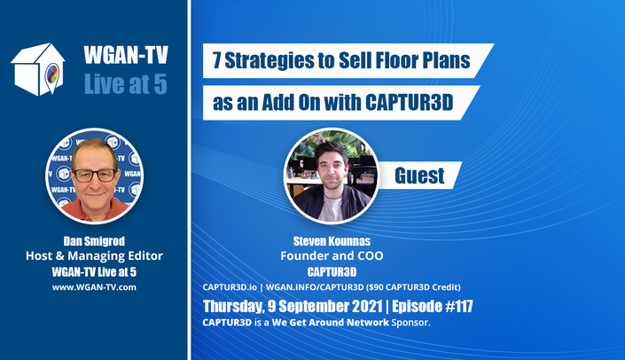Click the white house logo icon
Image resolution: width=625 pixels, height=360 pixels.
[38, 70]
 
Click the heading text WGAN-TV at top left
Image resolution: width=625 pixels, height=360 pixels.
[126, 55]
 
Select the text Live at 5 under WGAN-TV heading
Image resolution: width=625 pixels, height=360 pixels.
[126, 84]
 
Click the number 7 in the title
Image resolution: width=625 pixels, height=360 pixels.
[217, 60]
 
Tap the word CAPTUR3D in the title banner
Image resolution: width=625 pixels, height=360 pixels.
[410, 103]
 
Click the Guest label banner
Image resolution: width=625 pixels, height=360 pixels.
[419, 176]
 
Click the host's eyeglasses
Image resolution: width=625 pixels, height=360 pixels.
[95, 175]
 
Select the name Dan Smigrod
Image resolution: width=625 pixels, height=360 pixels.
[94, 241]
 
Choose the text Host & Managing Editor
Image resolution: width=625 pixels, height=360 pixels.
[94, 255]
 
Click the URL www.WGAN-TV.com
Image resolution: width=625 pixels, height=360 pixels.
[94, 287]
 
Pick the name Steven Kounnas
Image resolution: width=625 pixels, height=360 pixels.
[332, 241]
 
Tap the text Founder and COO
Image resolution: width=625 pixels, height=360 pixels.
[332, 255]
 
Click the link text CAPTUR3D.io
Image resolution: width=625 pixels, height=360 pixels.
[230, 287]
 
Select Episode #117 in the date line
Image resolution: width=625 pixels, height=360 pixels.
[433, 306]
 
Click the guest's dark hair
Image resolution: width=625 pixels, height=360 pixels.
[332, 150]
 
